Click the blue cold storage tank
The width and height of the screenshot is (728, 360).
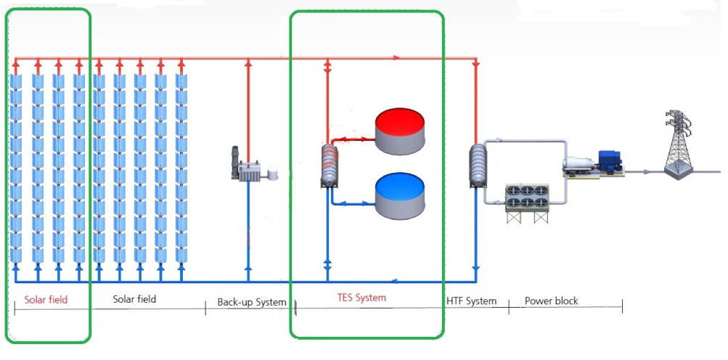(x=401, y=196)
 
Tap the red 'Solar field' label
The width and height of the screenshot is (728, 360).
(x=45, y=299)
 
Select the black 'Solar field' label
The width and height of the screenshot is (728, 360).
(x=134, y=299)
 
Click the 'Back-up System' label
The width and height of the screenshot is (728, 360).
(x=251, y=302)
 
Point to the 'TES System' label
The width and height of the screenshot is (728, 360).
(x=361, y=298)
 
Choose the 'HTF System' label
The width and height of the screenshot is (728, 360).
(x=472, y=300)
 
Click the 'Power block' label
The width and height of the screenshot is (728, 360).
(x=552, y=300)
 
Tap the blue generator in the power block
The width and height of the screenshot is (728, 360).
(x=609, y=162)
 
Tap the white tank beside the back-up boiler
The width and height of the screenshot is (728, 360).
(x=273, y=174)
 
